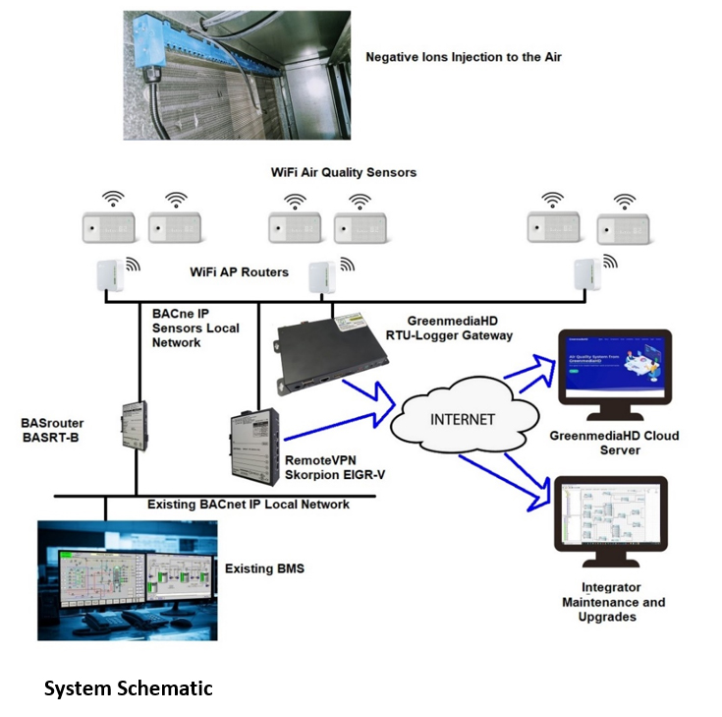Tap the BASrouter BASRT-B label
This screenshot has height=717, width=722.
(51, 431)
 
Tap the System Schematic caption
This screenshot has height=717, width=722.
(128, 688)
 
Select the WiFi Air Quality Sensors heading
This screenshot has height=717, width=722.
(343, 172)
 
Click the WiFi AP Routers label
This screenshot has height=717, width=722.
(240, 271)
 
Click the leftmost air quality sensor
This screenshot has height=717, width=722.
(108, 227)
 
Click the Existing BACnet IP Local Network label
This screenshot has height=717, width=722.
(249, 505)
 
